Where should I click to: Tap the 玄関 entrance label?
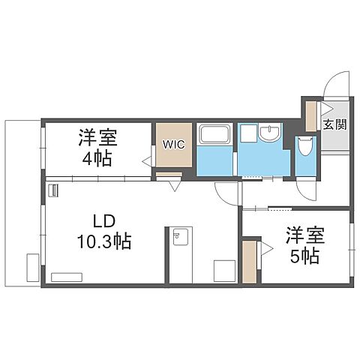334,125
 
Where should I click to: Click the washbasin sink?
268,133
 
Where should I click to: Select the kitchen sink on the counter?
178,238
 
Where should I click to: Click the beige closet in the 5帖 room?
249,261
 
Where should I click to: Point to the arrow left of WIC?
147,159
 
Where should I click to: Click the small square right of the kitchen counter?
224,269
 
